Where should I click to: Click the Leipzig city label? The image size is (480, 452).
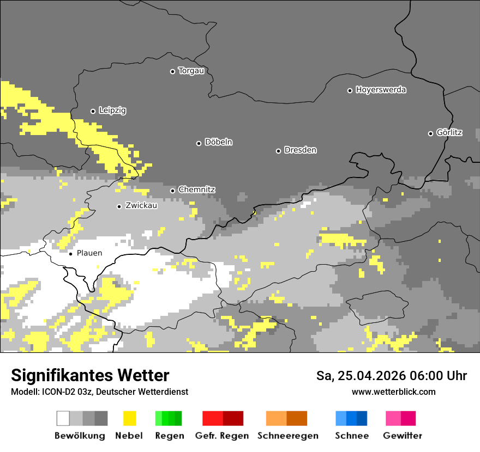pyautogui.click(x=112, y=111)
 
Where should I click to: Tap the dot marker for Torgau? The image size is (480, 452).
pyautogui.click(x=172, y=71)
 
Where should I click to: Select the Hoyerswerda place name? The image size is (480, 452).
pyautogui.click(x=381, y=90)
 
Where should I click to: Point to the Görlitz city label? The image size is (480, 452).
pyautogui.click(x=449, y=132)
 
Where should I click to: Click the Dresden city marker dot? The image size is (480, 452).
pyautogui.click(x=278, y=151)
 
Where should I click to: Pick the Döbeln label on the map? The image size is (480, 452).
pyautogui.click(x=218, y=142)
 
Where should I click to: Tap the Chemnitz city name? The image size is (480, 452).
pyautogui.click(x=197, y=190)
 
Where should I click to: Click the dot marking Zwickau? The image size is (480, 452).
pyautogui.click(x=119, y=206)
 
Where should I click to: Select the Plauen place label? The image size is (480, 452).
pyautogui.click(x=89, y=253)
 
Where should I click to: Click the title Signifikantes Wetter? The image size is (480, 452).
pyautogui.click(x=90, y=376)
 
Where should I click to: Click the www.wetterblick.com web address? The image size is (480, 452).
pyautogui.click(x=393, y=392)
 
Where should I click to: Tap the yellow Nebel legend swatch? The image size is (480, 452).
pyautogui.click(x=129, y=418)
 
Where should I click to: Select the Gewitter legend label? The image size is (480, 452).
pyautogui.click(x=403, y=436)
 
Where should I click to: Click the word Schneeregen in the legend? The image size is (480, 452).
pyautogui.click(x=288, y=436)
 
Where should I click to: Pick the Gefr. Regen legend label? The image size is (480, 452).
pyautogui.click(x=222, y=436)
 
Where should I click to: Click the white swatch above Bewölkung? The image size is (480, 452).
pyautogui.click(x=63, y=418)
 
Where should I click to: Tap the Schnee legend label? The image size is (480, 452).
pyautogui.click(x=352, y=436)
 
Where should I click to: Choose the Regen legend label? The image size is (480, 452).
pyautogui.click(x=169, y=436)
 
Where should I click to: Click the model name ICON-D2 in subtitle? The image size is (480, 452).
pyautogui.click(x=58, y=392)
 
